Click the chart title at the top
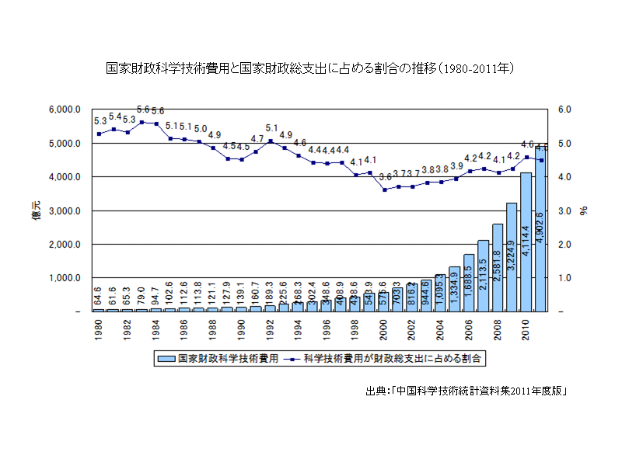point(311,68)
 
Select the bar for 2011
point(540,233)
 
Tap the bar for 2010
point(526,242)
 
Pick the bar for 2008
point(498,267)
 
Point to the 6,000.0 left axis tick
point(65,110)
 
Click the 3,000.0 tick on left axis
point(65,210)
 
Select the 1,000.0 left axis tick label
point(65,278)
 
